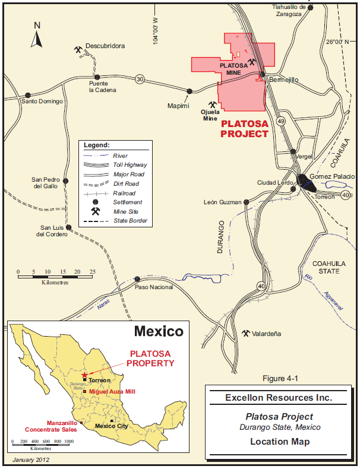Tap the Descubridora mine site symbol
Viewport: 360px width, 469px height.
pyautogui.click(x=78, y=50)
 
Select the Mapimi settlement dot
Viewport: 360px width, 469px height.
pyautogui.click(x=190, y=91)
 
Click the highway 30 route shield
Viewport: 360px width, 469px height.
pyautogui.click(x=140, y=79)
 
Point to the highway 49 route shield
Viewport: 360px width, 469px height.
pyautogui.click(x=281, y=121)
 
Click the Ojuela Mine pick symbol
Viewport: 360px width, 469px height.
pyautogui.click(x=212, y=104)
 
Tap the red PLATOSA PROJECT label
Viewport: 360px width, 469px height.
pyautogui.click(x=244, y=129)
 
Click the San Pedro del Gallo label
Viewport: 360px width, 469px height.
pyautogui.click(x=46, y=183)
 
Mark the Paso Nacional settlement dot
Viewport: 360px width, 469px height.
pyautogui.click(x=137, y=278)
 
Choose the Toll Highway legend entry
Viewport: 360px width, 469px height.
pyautogui.click(x=130, y=164)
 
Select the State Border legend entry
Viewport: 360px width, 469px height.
pyautogui.click(x=130, y=221)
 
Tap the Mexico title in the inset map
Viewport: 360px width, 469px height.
pyautogui.click(x=158, y=331)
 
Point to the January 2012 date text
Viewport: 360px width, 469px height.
pyautogui.click(x=30, y=460)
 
